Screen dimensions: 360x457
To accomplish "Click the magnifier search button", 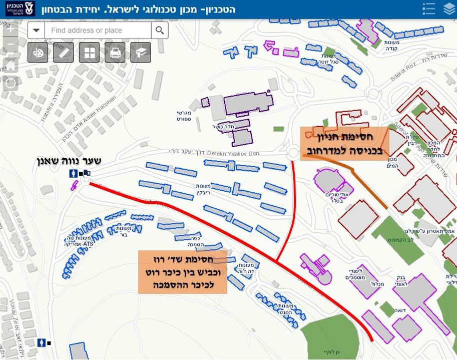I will click(159, 31).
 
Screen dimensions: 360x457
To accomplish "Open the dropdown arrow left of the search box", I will click(36, 31).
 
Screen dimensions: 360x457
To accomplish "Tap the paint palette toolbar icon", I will click(38, 53).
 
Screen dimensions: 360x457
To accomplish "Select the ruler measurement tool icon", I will click(64, 53).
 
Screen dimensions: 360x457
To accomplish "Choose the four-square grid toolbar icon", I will click(89, 53).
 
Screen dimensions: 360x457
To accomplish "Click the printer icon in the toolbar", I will click(115, 53).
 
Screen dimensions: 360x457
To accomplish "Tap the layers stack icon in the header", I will click(448, 9).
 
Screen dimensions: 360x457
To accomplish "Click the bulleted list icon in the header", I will click(428, 9).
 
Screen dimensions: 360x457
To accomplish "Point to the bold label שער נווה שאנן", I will click(69, 161).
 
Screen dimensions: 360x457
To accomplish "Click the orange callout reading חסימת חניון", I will click(344, 143).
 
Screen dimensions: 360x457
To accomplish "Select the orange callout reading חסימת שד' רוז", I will click(183, 271).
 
